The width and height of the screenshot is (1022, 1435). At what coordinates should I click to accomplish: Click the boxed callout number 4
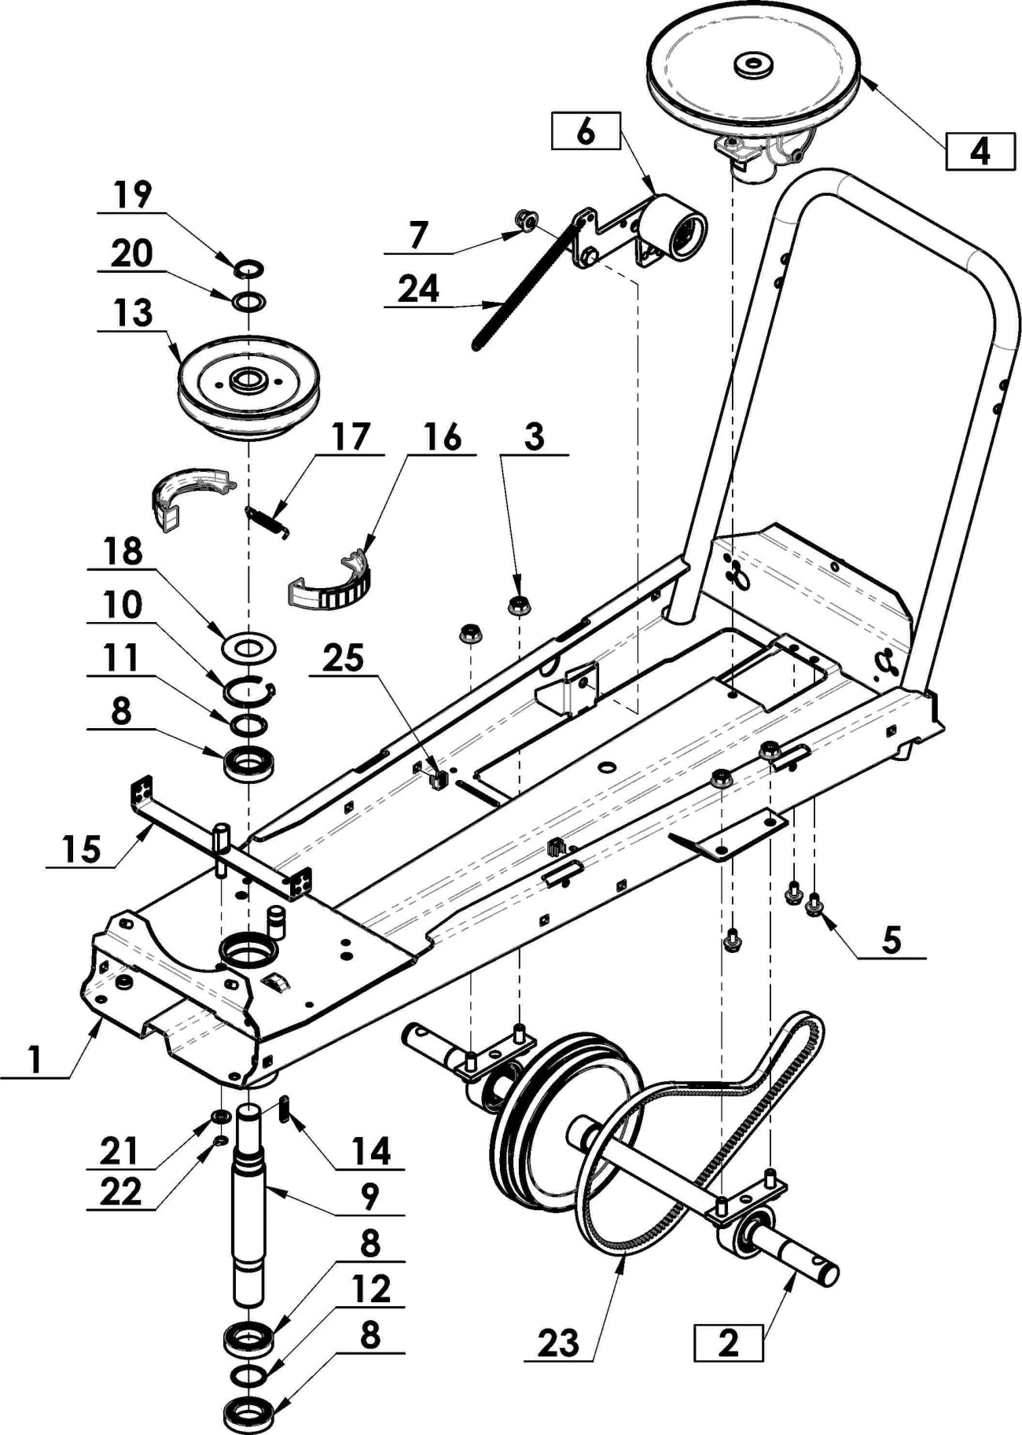(x=980, y=150)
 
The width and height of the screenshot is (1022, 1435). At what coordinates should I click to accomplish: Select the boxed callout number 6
(x=586, y=131)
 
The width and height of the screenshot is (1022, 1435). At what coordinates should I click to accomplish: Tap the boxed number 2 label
(x=728, y=1342)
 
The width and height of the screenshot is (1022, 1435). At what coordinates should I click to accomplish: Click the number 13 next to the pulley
(x=132, y=312)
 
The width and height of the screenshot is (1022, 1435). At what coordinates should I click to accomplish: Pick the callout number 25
(x=344, y=657)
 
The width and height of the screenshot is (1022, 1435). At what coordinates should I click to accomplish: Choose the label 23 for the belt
(x=558, y=1342)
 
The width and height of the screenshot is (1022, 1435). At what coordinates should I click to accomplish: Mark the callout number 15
(x=82, y=849)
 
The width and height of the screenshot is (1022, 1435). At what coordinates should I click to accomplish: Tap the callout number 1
(x=33, y=1060)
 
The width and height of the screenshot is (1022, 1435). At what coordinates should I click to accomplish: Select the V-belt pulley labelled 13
(x=248, y=387)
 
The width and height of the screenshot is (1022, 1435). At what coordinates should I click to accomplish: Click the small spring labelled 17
(x=268, y=521)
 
